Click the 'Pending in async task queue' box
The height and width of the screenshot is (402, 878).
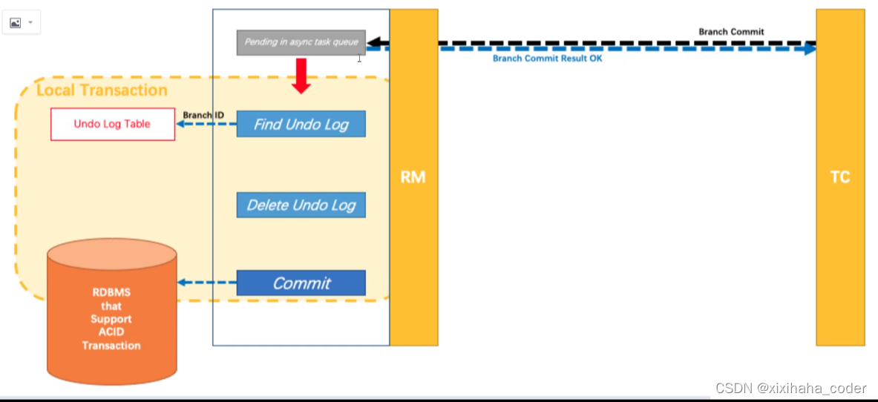pos(301,42)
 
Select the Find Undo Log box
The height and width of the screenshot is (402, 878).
pos(301,124)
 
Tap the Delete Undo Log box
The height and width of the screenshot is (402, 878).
pos(301,205)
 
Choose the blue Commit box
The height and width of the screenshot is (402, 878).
pos(301,283)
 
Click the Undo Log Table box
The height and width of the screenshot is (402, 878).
pos(112,124)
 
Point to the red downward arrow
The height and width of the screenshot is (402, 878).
pos(301,76)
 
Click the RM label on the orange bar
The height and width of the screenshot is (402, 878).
pos(413,177)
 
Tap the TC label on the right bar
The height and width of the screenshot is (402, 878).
pos(840,177)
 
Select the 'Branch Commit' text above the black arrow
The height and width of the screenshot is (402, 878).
pos(731,32)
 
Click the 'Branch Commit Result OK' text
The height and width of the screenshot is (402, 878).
pos(548,59)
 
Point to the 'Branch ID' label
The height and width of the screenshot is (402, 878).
pos(203,115)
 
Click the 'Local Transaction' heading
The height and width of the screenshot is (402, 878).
pos(102,90)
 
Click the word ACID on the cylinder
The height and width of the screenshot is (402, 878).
pos(111,332)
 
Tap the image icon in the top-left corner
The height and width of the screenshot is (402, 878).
pos(16,23)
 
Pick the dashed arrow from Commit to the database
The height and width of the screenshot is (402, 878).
pos(206,283)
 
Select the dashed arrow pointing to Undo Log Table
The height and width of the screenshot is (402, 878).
pos(206,125)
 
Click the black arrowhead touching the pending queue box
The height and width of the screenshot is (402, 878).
pos(373,42)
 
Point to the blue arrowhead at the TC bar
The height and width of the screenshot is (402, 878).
pos(810,49)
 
